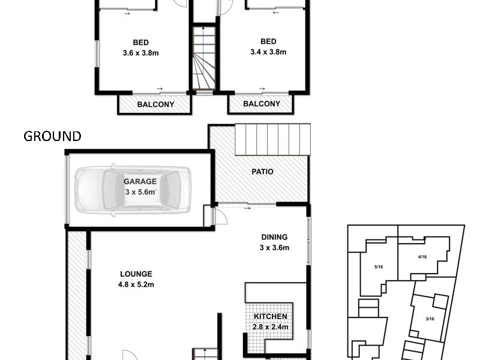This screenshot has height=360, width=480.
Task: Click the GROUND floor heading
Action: [52, 136]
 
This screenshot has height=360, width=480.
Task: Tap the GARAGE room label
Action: [140, 181]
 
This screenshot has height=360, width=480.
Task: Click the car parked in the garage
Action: [133, 190]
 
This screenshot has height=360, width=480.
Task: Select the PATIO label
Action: [262, 172]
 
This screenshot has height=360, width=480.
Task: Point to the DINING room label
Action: [274, 236]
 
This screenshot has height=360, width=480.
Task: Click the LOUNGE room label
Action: [136, 274]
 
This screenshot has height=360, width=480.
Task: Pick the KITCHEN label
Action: [271, 317]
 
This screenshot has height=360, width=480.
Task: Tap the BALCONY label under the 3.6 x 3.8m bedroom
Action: [155, 104]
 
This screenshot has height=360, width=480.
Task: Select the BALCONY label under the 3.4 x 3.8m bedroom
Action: [262, 104]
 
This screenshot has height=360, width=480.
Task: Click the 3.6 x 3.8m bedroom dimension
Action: [141, 52]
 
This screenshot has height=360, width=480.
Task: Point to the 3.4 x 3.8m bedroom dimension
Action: [268, 52]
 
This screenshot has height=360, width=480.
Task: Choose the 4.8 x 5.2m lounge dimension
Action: [136, 284]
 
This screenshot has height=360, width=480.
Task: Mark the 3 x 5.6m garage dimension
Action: [140, 192]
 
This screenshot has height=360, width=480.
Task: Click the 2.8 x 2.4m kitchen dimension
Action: [271, 328]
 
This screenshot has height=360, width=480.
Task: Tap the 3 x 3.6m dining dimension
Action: [274, 247]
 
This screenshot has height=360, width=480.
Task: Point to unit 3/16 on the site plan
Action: [430, 319]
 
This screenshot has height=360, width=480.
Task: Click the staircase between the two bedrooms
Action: [204, 59]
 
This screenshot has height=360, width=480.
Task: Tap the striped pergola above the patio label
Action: [272, 140]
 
